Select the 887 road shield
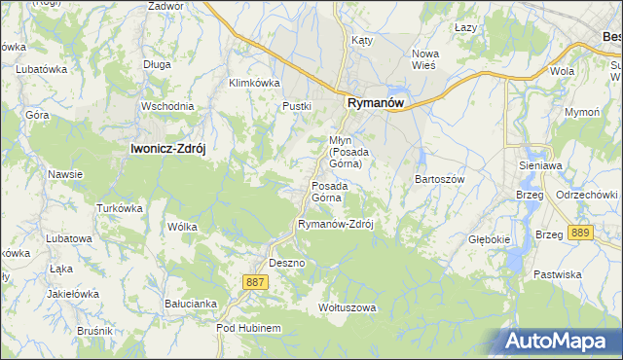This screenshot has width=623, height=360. coord(255,281)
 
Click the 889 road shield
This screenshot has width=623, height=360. coord(581,233)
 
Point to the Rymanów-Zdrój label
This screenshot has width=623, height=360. coord(336,224)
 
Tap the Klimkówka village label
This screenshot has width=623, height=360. coord(254,83)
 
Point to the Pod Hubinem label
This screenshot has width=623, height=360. coord(248,329)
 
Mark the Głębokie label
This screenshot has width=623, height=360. coord(489,238)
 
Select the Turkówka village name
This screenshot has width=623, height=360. coord(120,208)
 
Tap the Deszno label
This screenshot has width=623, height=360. coord(287,264)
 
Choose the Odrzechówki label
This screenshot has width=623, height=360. coord(587,194)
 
